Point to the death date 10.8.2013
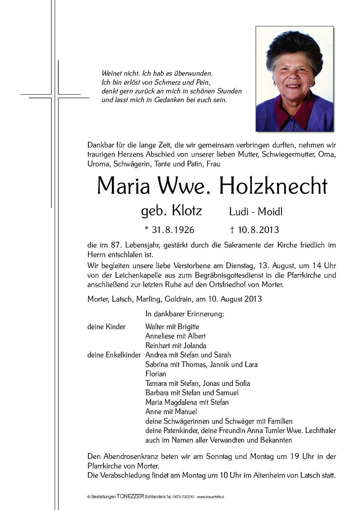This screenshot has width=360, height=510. (x=258, y=230)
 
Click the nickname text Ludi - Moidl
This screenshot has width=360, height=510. (x=256, y=212)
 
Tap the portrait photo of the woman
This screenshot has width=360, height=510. (x=294, y=79)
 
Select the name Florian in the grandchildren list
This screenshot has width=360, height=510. (x=155, y=374)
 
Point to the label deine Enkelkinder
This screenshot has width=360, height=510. (x=114, y=355)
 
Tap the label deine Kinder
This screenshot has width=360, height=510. (x=106, y=327)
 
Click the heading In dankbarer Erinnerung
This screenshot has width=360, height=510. (x=184, y=314)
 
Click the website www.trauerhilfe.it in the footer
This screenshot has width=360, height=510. (x=210, y=497)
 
